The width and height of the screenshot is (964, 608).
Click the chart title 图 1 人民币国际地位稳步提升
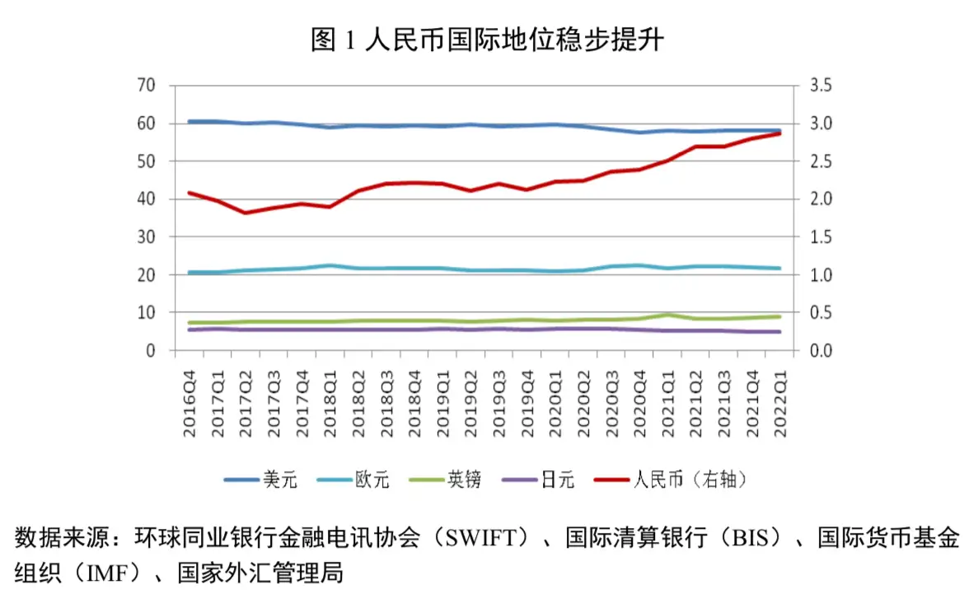[x=487, y=40]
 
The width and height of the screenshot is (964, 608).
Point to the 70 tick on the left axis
[x=147, y=85]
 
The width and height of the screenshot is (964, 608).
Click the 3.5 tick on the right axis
[x=821, y=85]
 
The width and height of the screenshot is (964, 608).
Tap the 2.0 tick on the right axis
[x=821, y=199]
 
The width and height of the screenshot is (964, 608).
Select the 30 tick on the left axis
[x=147, y=236]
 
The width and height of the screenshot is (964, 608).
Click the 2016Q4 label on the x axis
[x=190, y=404]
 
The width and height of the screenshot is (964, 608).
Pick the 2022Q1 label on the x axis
[x=779, y=404]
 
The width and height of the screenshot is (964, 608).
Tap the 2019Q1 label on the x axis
[x=442, y=404]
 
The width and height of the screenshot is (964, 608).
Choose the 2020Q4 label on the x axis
[x=639, y=404]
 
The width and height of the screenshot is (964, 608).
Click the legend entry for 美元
[x=260, y=479]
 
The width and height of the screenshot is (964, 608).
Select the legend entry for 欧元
[x=353, y=479]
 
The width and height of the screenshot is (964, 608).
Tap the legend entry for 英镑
[x=445, y=479]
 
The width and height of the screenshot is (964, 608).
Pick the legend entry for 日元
[x=538, y=479]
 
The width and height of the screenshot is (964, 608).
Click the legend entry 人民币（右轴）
[x=672, y=479]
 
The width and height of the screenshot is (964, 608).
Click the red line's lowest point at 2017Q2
[x=246, y=213]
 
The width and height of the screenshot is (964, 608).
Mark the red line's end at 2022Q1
[x=779, y=133]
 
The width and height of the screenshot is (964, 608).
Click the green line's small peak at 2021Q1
[x=667, y=315]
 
